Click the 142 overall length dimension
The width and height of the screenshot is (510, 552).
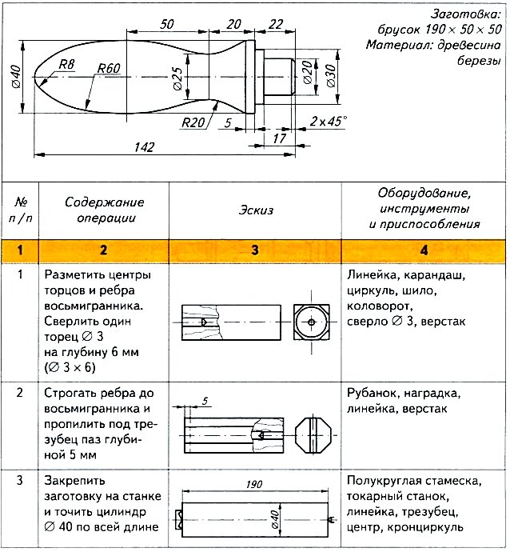[145, 146]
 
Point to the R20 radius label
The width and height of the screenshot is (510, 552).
[193, 122]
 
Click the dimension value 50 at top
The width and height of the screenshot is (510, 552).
[167, 23]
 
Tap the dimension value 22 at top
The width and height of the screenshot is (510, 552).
[276, 23]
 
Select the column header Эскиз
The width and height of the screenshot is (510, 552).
[255, 210]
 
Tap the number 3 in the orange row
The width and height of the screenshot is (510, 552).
[254, 250]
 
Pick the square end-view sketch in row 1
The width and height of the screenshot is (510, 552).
[309, 321]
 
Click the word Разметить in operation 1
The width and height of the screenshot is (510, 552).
[74, 275]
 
